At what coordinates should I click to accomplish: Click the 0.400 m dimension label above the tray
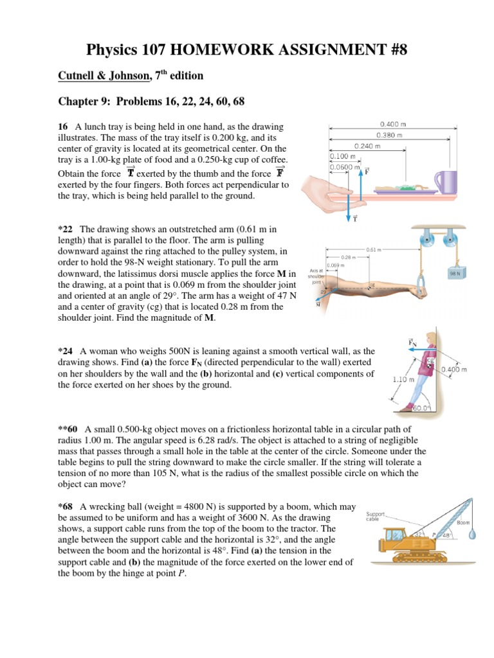tap(394, 124)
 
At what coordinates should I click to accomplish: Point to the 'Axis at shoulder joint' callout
tap(315, 276)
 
